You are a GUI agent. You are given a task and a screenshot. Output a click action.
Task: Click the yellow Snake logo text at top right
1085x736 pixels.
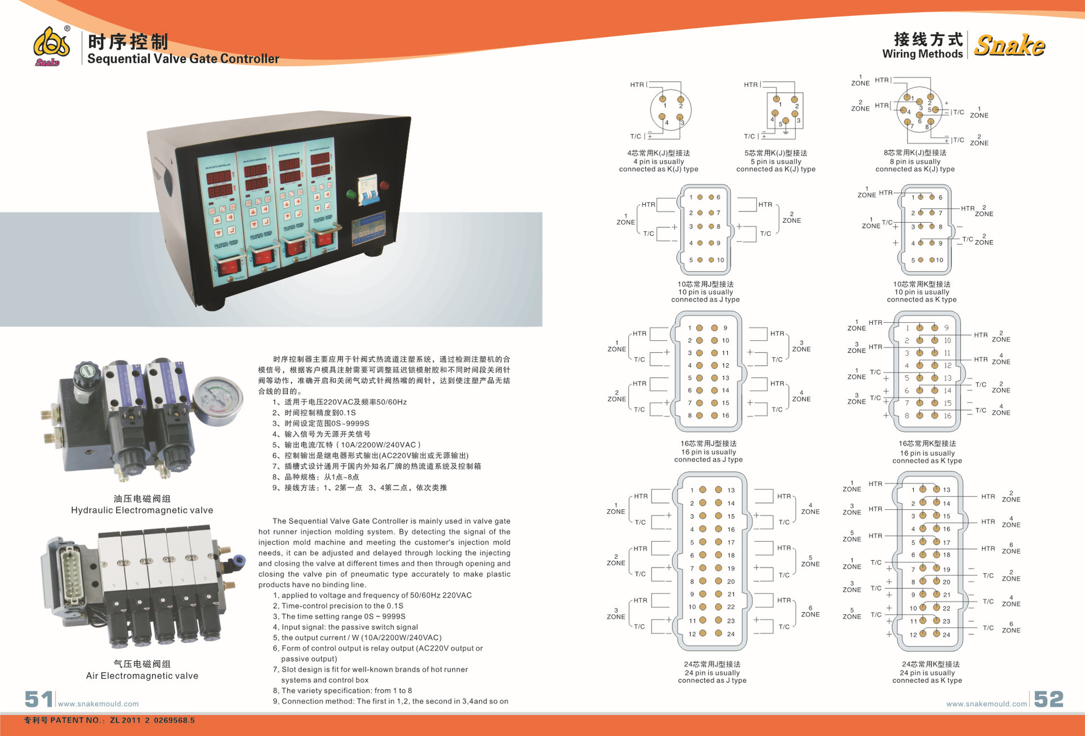pyautogui.click(x=1009, y=45)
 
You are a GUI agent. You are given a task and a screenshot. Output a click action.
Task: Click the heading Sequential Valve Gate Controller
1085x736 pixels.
pyautogui.click(x=183, y=59)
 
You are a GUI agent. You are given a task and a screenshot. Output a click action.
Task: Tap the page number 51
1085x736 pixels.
pyautogui.click(x=38, y=699)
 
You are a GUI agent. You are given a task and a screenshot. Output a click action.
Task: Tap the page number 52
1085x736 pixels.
pyautogui.click(x=1049, y=699)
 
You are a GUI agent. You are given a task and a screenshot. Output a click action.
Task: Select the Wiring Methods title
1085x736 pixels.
pyautogui.click(x=922, y=54)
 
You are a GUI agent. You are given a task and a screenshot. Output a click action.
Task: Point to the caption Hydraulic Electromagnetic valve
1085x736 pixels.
pyautogui.click(x=142, y=510)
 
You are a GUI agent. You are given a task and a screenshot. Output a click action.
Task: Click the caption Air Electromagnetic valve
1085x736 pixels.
pyautogui.click(x=142, y=676)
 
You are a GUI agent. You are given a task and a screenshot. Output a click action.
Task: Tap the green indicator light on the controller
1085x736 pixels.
pyautogui.click(x=351, y=195)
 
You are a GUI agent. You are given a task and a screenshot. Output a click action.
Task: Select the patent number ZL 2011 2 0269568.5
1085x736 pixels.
pyautogui.click(x=153, y=720)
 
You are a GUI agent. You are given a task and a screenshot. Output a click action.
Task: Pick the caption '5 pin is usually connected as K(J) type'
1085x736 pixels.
pyautogui.click(x=776, y=165)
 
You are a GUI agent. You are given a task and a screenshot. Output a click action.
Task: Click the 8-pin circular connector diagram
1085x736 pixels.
pyautogui.click(x=919, y=110)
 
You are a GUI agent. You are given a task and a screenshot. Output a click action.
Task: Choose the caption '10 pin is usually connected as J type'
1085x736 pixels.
pyautogui.click(x=705, y=296)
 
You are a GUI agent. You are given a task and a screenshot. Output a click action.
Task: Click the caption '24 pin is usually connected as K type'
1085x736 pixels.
pyautogui.click(x=927, y=677)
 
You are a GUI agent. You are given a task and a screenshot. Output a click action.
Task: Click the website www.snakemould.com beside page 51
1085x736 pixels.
pyautogui.click(x=98, y=704)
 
